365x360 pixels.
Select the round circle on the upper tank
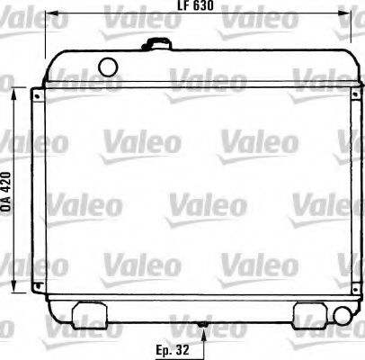[x=109, y=65]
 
